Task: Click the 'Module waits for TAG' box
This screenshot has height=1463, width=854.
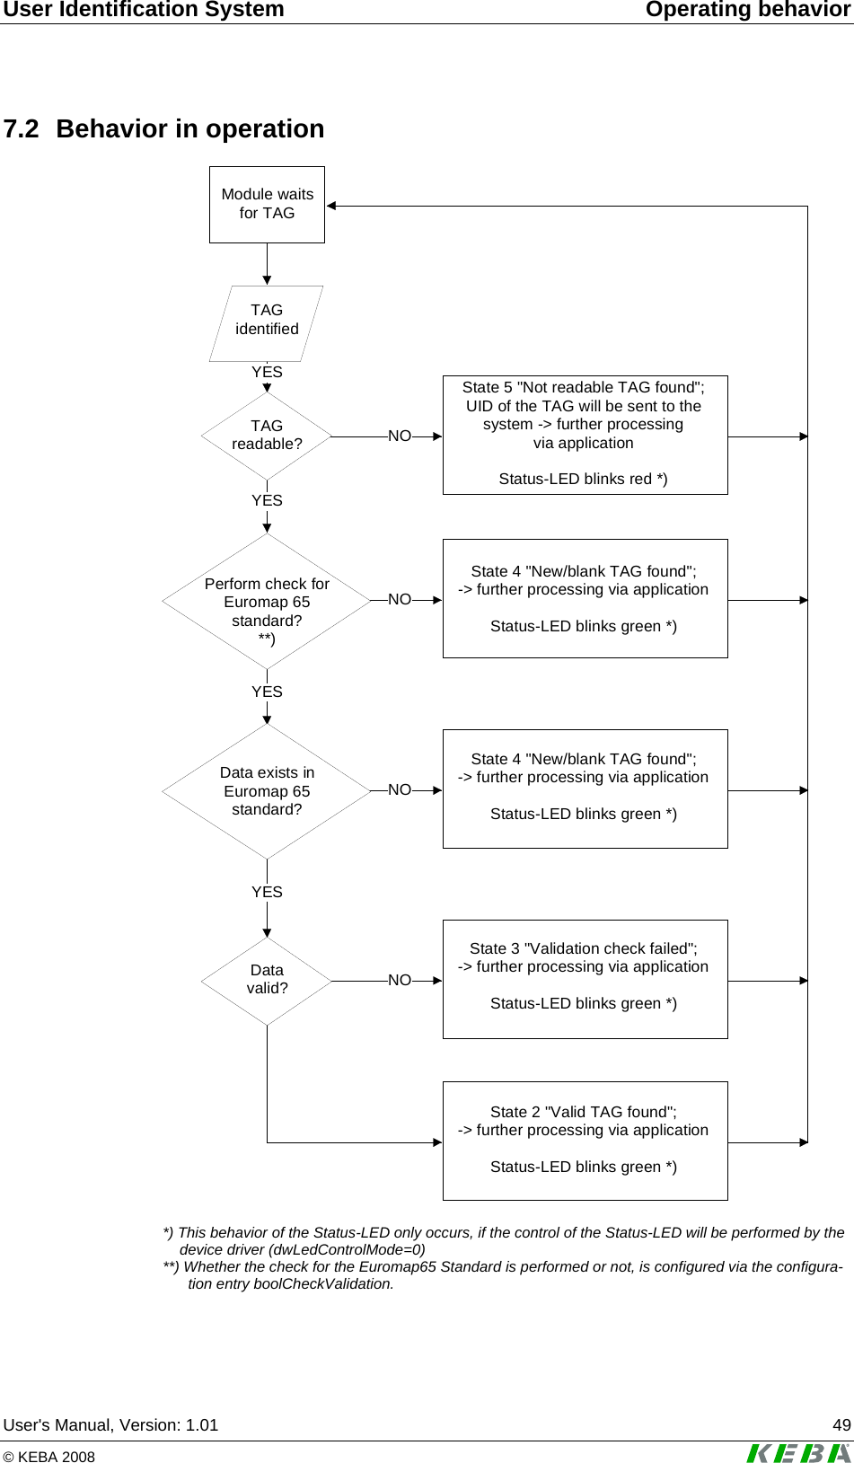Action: click(267, 204)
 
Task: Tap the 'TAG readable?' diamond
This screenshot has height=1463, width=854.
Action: click(267, 436)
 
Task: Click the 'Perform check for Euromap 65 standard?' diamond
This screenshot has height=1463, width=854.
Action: click(267, 602)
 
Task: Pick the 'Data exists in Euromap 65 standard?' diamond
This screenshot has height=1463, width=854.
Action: click(267, 791)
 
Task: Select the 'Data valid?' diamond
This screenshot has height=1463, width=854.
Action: click(267, 981)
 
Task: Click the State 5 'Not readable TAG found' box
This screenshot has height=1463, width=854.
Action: click(585, 435)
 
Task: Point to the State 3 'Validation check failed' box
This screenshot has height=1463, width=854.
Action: click(585, 979)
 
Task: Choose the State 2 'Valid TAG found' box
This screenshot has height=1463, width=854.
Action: click(585, 1141)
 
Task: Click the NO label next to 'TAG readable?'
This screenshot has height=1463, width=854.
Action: click(400, 436)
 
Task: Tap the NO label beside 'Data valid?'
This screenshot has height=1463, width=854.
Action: click(400, 981)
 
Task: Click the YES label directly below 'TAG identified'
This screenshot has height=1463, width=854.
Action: click(267, 372)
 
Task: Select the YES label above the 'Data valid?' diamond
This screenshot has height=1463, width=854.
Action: click(267, 892)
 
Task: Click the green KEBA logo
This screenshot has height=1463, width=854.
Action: click(797, 1452)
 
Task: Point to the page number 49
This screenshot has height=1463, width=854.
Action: click(841, 1425)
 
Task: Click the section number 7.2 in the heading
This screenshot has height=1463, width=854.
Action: click(22, 129)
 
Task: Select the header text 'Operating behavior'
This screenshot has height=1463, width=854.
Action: click(748, 10)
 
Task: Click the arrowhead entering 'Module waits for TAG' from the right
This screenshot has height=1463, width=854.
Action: click(331, 206)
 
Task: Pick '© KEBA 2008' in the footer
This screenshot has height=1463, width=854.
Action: click(49, 1457)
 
